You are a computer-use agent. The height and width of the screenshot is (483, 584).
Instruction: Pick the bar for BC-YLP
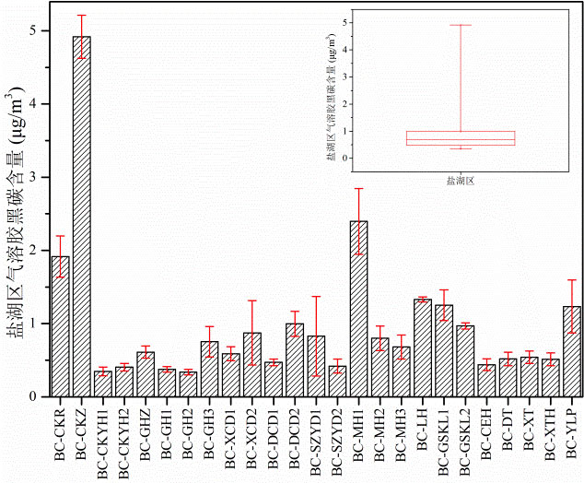tap(550, 351)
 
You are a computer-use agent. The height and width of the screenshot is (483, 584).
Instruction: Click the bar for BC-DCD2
tap(294, 359)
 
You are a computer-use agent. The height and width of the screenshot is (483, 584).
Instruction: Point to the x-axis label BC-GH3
tap(210, 433)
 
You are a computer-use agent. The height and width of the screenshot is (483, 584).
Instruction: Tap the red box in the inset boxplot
tap(460, 138)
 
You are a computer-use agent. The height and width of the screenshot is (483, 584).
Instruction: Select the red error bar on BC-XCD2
tap(251, 332)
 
